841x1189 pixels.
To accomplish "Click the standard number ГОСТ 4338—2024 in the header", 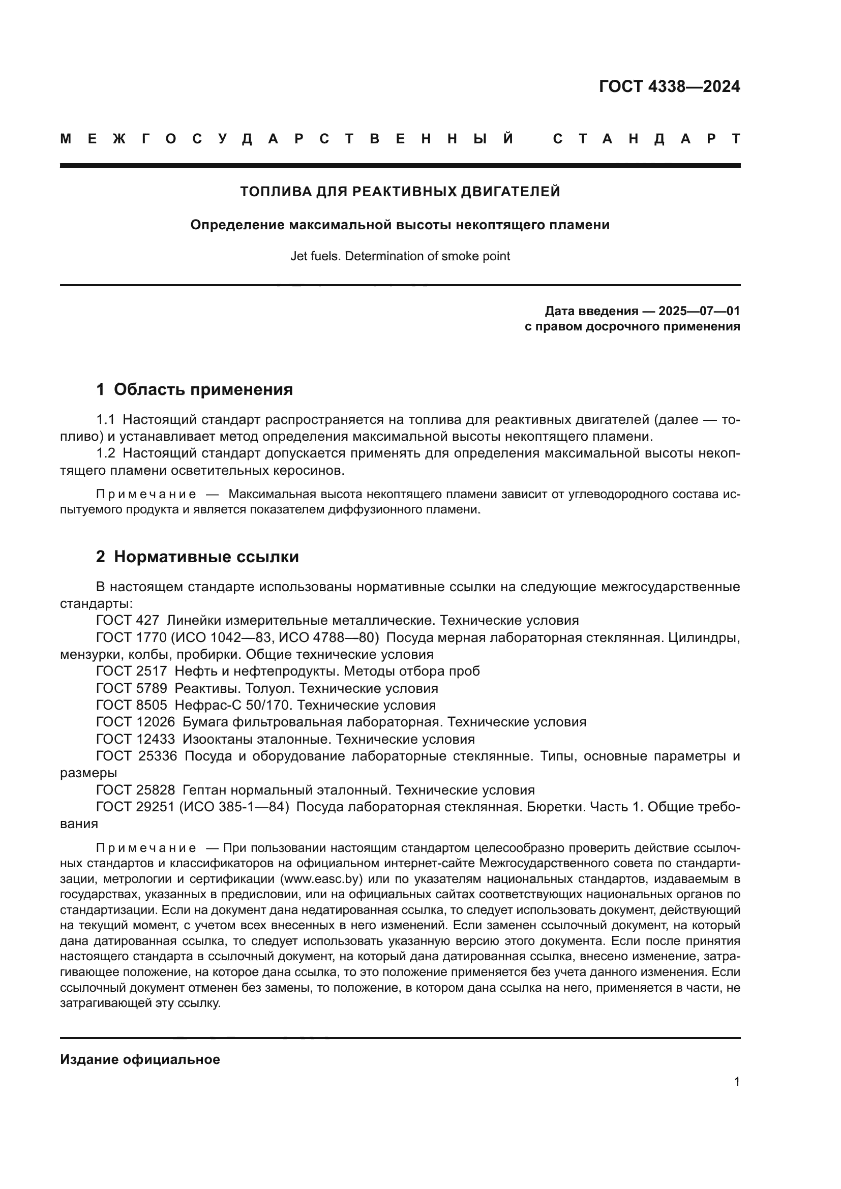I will (669, 86).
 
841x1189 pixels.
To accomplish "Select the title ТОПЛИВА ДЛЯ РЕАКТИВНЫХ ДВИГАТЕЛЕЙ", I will (400, 192).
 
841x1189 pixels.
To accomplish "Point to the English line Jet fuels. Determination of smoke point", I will (400, 256).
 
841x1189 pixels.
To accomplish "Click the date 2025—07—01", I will (699, 311).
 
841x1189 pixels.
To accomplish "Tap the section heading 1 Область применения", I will (195, 389).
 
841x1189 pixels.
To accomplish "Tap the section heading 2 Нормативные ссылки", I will (197, 557).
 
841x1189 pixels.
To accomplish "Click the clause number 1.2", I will (106, 453).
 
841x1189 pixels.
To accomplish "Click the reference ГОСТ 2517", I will (132, 671).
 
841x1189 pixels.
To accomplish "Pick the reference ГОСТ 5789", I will (132, 689).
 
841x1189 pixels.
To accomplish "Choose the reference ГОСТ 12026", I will (135, 722).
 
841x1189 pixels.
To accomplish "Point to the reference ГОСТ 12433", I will (135, 739).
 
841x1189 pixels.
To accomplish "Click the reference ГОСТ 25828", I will (135, 790).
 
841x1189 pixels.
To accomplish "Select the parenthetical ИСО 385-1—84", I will (233, 807).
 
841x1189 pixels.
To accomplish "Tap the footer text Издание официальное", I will (140, 1059).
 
